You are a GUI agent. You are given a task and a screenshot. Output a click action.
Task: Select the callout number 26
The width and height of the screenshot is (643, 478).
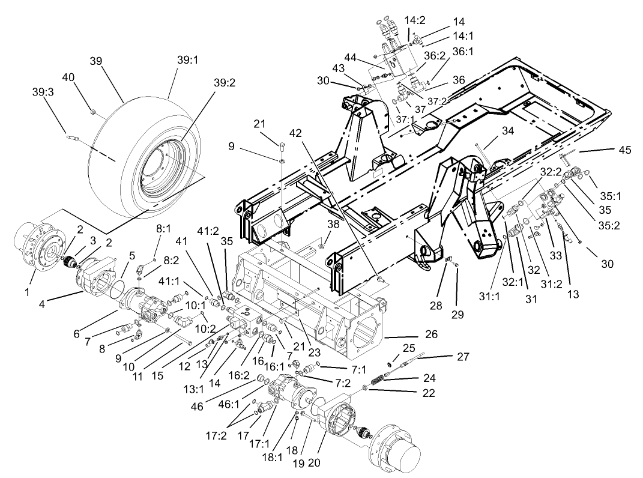pos(414,334)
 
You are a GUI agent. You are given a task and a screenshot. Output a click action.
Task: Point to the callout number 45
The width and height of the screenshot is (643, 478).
pos(624,150)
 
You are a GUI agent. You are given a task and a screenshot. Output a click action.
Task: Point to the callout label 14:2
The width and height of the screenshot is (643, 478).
pos(414,20)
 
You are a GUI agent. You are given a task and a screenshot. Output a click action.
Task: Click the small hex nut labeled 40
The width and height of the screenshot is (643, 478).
pos(92,111)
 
